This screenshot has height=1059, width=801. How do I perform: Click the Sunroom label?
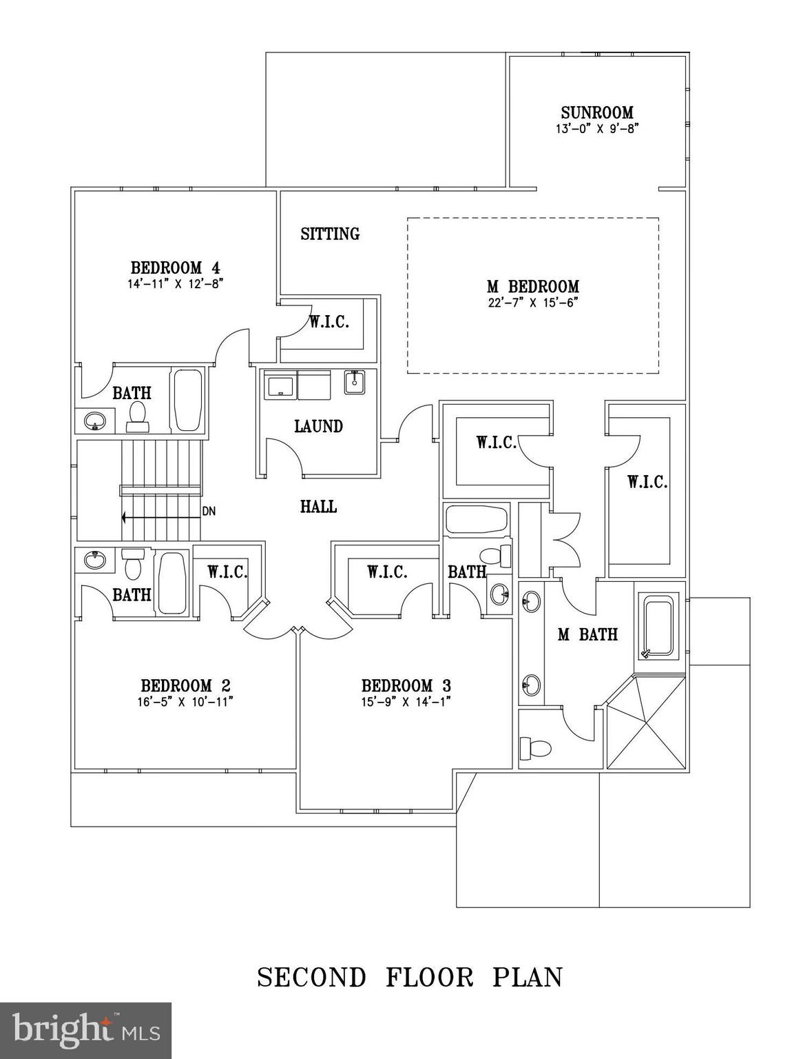click(596, 112)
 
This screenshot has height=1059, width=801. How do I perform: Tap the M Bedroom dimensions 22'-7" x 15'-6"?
click(532, 303)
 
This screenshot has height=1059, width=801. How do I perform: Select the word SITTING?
click(330, 234)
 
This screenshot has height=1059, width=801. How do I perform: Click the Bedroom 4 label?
click(176, 268)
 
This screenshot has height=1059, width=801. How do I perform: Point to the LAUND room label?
click(318, 427)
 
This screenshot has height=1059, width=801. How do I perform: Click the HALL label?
click(318, 507)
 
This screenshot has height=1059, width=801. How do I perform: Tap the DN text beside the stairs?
click(209, 512)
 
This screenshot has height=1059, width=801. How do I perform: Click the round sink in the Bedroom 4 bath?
click(94, 420)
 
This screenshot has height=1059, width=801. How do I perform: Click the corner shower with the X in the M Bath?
click(647, 723)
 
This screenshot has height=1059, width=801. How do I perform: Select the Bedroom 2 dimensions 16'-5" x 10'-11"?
click(186, 702)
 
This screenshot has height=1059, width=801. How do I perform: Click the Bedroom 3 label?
click(406, 686)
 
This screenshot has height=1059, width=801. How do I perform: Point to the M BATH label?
click(587, 635)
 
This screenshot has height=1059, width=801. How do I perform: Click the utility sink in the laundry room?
click(355, 382)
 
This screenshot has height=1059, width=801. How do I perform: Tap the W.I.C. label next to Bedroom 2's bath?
click(227, 572)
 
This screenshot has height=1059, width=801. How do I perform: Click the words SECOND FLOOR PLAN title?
click(410, 978)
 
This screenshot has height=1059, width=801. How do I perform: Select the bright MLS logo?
click(86, 1030)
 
